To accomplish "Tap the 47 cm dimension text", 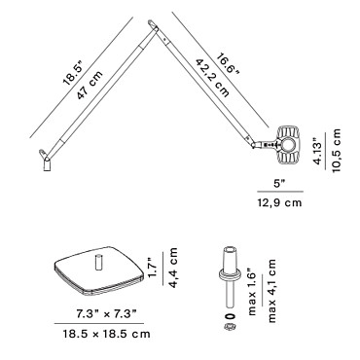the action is [90, 85].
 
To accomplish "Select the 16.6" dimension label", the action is [228, 68].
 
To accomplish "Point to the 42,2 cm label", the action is [212, 78].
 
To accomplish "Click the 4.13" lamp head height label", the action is [320, 149].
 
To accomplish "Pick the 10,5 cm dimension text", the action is [337, 151].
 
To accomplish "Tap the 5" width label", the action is [280, 184].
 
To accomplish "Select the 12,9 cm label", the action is [279, 202].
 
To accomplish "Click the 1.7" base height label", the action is [153, 269].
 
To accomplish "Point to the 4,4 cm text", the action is [173, 268].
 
